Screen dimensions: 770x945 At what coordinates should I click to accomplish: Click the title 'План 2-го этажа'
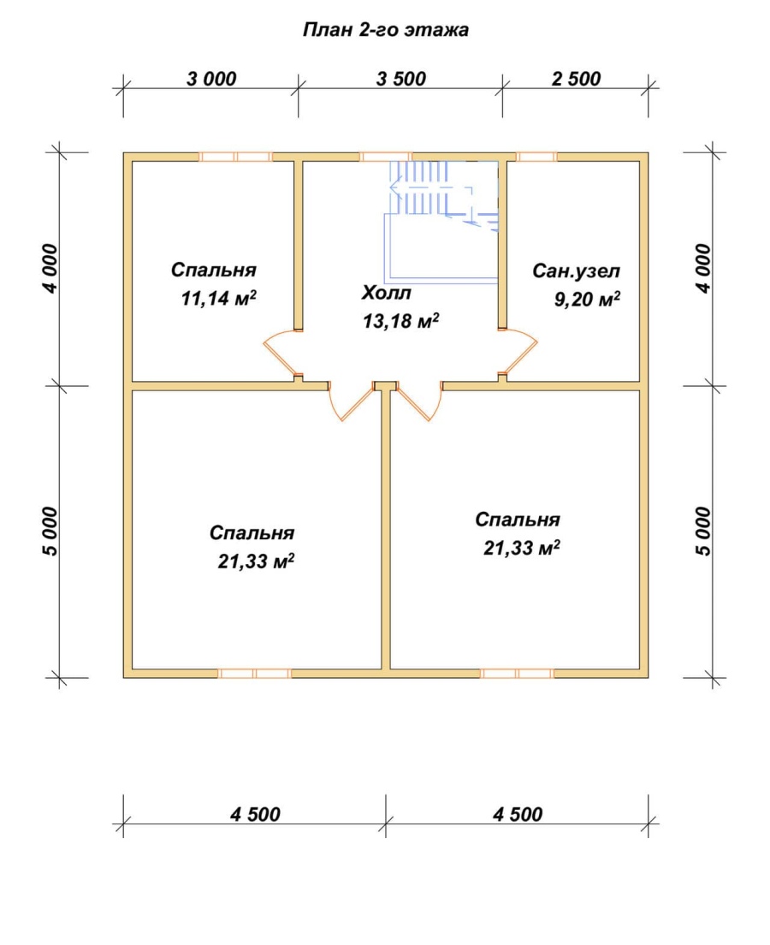386,30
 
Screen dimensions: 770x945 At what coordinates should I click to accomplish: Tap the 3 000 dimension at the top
211,79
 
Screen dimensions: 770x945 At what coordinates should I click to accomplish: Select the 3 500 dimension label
401,79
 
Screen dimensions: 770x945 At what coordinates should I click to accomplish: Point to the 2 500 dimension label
577,79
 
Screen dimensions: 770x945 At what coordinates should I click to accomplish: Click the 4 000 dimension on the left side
52,269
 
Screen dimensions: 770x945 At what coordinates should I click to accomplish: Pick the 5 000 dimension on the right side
703,532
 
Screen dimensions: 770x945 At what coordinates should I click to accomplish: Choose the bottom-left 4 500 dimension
255,815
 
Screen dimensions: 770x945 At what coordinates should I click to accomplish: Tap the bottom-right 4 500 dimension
518,815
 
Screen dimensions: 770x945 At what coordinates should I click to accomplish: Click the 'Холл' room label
386,293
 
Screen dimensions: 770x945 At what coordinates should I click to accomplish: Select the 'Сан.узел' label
576,271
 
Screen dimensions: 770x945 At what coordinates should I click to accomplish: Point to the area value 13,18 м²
400,321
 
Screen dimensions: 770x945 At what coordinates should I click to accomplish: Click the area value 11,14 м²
219,298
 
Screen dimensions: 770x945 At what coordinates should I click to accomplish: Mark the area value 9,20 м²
588,299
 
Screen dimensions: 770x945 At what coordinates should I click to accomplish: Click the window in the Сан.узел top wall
536,157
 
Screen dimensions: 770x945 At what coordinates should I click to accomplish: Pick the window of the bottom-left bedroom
254,673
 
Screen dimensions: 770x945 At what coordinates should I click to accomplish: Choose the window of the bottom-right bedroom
517,673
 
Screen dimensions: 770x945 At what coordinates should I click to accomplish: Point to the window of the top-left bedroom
235,157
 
